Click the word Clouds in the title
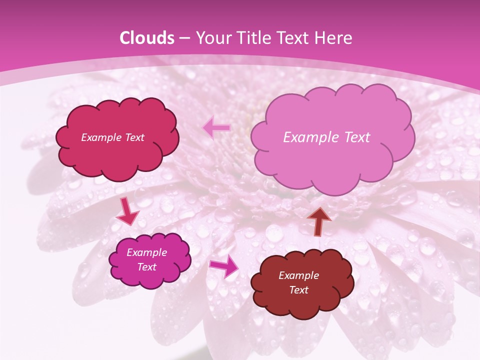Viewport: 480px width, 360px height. tap(147, 38)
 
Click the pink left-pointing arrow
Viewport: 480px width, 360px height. tap(216, 128)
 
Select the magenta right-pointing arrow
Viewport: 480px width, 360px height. tap(224, 266)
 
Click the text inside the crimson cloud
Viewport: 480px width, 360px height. tap(112, 137)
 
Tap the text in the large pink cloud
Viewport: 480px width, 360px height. tap(326, 137)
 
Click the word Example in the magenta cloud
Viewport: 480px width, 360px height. tap(146, 252)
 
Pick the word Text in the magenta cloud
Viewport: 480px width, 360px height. tap(146, 267)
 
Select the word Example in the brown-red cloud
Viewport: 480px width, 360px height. tap(298, 275)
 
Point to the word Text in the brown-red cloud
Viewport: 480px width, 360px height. tap(298, 290)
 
